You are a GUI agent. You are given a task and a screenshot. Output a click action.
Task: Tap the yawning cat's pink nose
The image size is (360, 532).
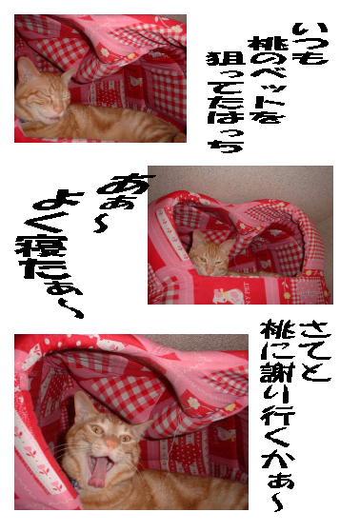click(x=112, y=443)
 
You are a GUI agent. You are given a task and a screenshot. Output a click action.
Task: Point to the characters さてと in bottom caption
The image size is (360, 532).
click(x=314, y=353)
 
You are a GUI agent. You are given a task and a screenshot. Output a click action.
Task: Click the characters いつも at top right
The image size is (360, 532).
click(x=310, y=44)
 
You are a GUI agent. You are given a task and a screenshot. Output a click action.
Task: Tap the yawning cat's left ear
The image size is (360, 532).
click(x=83, y=405)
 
